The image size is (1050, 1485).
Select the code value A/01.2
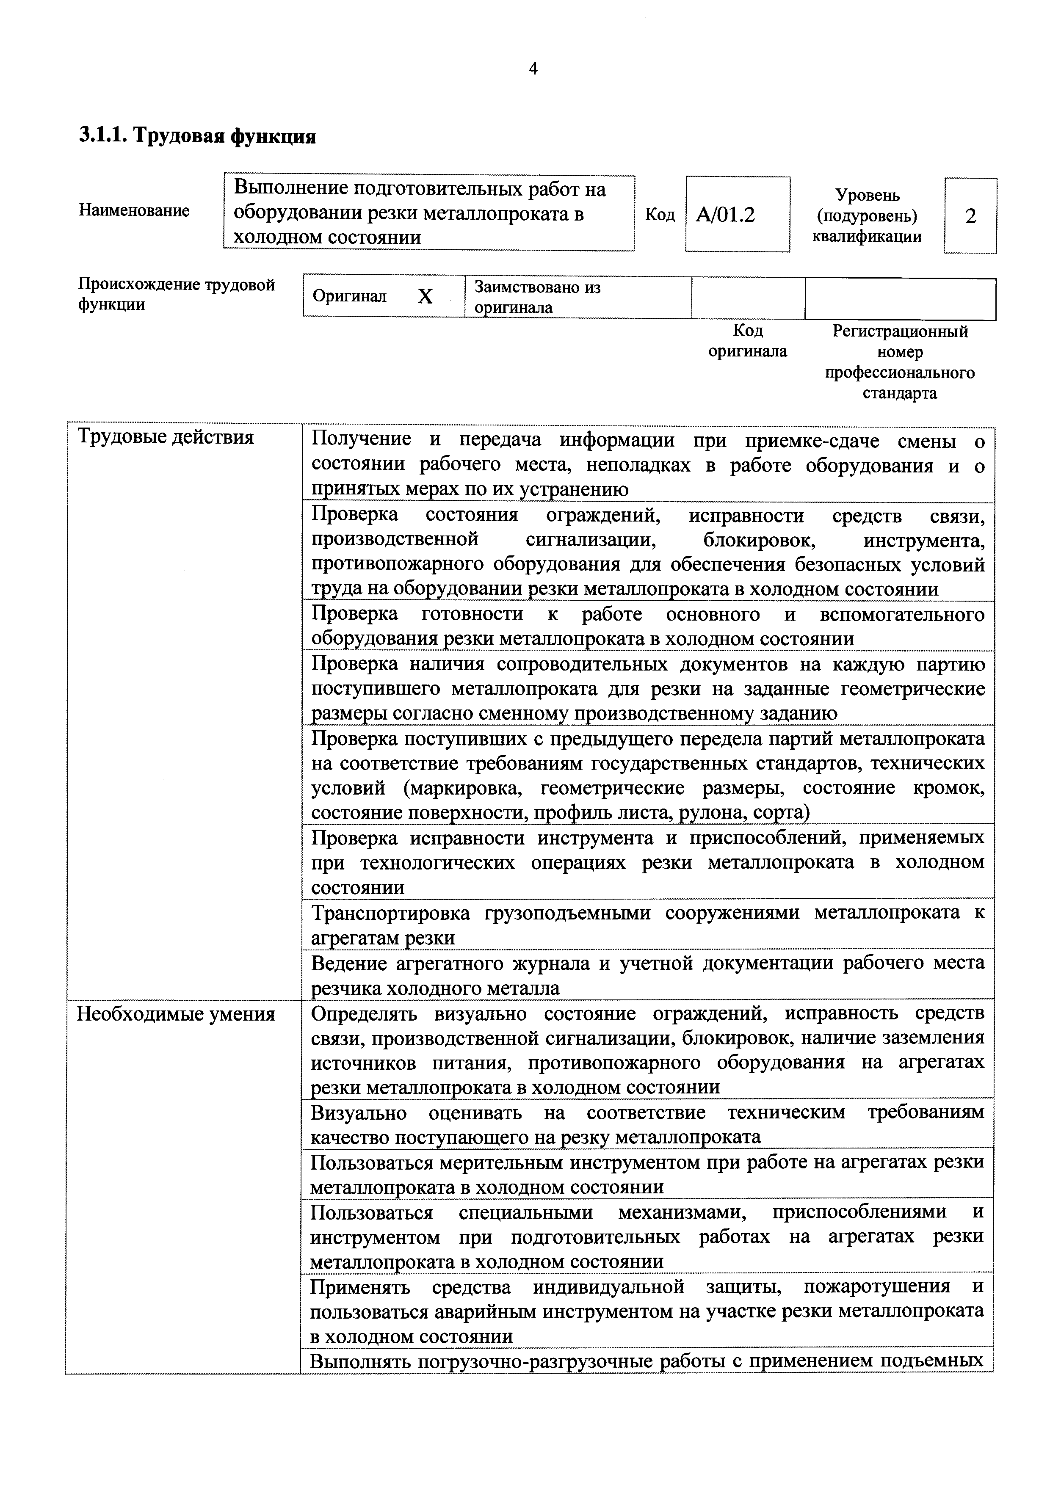725,215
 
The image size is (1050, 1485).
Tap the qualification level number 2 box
970,216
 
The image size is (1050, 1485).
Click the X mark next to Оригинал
425,297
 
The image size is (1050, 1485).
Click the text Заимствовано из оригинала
537,297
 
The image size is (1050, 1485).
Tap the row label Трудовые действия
166,438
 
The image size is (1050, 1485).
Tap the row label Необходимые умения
176,1013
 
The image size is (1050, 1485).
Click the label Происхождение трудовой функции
176,294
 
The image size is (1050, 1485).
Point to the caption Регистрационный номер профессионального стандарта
899,362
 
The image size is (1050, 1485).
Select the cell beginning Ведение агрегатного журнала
647,975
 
